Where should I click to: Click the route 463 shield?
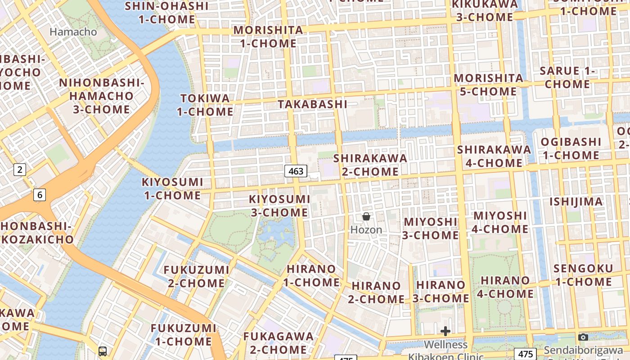(x=296, y=171)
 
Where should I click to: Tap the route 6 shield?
(x=40, y=194)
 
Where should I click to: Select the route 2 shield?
(x=19, y=170)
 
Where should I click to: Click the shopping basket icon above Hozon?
(x=366, y=217)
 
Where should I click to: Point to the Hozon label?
(x=366, y=229)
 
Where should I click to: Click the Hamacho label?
(x=73, y=32)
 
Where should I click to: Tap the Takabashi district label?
(x=312, y=104)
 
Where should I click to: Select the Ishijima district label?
(x=576, y=202)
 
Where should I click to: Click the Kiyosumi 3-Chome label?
(x=279, y=206)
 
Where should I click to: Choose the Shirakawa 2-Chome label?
(x=370, y=165)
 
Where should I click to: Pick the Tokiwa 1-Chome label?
(x=205, y=105)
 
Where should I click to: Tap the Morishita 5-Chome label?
(x=488, y=85)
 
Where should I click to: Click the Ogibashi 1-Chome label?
(x=571, y=148)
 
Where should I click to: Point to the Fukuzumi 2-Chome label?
(x=196, y=276)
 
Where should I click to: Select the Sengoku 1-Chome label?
(x=583, y=275)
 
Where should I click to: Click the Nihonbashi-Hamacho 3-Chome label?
(x=101, y=96)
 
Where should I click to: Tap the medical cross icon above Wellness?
(x=445, y=332)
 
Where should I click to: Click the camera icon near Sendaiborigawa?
(x=583, y=337)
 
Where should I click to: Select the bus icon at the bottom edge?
(x=103, y=351)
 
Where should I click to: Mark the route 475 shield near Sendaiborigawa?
(x=525, y=354)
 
